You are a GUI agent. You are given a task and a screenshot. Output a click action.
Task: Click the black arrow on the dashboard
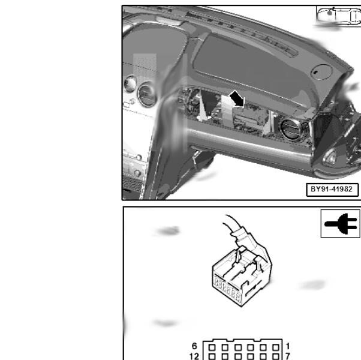coord(237,99)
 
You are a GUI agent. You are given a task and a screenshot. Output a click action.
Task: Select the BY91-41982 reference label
coord(332,190)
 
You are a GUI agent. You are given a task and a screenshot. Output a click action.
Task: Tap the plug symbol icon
coord(341,223)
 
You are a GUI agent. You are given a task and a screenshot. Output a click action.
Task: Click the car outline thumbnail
coord(338,16)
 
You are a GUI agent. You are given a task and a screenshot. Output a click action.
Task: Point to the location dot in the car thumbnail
coord(330,13)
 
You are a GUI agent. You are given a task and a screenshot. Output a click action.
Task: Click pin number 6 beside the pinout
coord(194,346)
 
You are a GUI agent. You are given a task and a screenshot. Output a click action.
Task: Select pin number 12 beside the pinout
coord(194,356)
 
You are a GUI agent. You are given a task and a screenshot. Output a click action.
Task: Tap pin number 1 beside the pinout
coord(288,346)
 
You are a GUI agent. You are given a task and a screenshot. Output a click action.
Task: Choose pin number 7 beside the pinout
coord(288,356)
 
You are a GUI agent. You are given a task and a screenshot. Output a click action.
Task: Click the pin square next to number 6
coord(212,347)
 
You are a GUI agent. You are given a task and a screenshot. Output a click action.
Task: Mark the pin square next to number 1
coord(276,347)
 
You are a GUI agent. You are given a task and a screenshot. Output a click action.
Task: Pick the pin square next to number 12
coord(212,357)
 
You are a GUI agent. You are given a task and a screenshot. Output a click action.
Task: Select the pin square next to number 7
coord(276,357)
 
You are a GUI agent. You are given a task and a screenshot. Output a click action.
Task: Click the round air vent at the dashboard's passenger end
coord(291,129)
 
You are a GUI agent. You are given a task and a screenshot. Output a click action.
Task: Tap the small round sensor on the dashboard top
coord(321,71)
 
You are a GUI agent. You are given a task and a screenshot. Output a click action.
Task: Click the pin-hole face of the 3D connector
coord(227,289)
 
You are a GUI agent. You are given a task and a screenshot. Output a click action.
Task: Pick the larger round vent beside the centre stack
coord(147,95)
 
